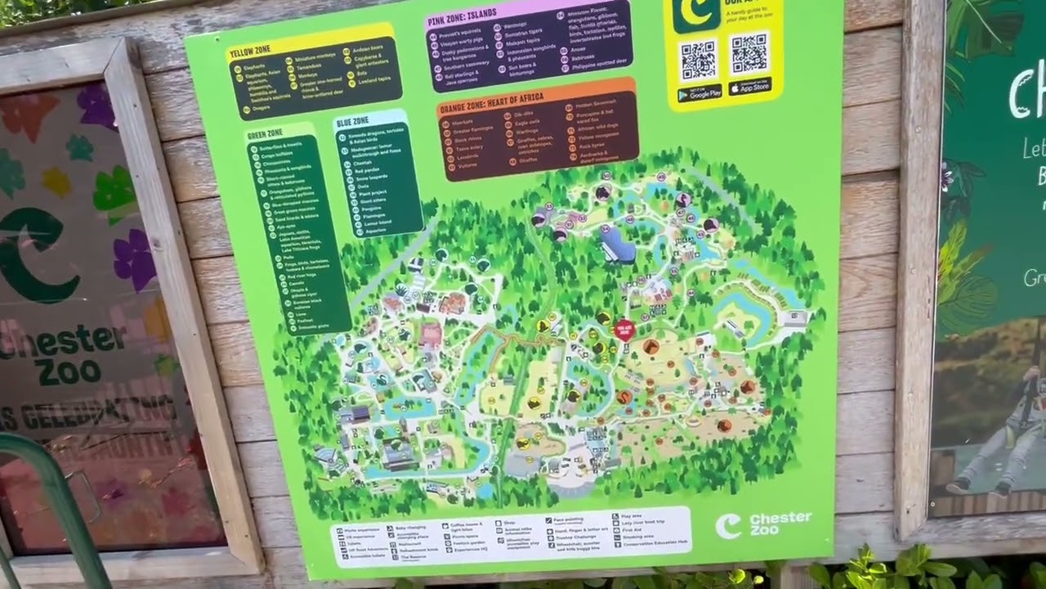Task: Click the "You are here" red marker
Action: (624, 329)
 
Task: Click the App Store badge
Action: (749, 86)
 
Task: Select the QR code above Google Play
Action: (699, 59)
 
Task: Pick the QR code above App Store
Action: (749, 52)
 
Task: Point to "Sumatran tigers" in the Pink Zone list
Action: (524, 35)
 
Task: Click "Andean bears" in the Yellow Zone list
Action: (369, 50)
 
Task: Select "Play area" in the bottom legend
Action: (632, 516)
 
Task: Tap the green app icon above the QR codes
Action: (690, 12)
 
